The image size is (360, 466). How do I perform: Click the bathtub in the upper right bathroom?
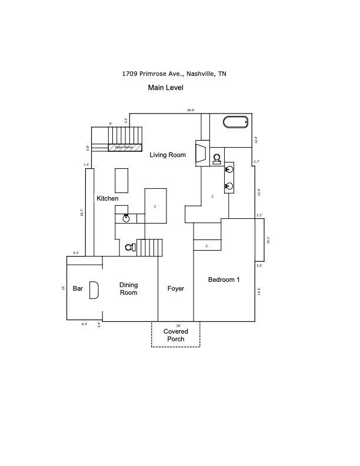pos(235,122)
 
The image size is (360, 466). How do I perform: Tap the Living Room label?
pos(167,155)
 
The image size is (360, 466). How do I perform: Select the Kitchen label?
pos(108,199)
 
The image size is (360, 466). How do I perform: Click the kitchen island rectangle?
pos(122,180)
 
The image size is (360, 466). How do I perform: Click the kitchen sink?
pos(126,218)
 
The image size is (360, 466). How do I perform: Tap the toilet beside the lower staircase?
pos(129,248)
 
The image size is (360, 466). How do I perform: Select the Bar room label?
pos(78,289)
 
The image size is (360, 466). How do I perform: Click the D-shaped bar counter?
pos(94,290)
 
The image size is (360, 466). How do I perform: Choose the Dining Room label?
pos(128,289)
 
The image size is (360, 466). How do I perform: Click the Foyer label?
pos(175,289)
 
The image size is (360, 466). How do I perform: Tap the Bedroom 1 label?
pos(224,279)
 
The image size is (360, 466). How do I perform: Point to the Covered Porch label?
pos(175,335)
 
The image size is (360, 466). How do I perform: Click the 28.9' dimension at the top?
pos(191,110)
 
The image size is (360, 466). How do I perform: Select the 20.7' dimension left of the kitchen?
pos(82,213)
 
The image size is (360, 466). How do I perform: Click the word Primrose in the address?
pos(154,74)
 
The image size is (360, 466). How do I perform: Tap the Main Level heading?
pos(165,88)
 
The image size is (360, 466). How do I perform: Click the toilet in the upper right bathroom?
pos(217,158)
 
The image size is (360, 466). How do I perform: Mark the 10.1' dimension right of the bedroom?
pos(268,240)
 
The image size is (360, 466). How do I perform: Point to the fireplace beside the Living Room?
pos(201,152)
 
